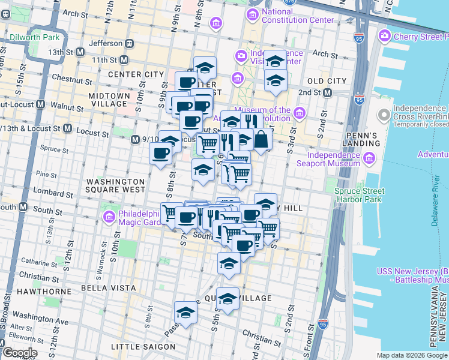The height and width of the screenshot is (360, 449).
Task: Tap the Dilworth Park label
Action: click(x=34, y=37)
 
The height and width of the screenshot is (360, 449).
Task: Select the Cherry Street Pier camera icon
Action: click(x=384, y=37)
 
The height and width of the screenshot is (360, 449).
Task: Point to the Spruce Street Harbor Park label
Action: click(x=358, y=195)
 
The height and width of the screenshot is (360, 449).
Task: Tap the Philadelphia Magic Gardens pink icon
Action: click(x=109, y=217)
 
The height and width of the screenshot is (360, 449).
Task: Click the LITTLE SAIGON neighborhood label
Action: click(x=143, y=347)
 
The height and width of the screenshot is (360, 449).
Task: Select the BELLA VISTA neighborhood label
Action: click(x=116, y=288)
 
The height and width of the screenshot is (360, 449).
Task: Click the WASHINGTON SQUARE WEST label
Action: click(x=115, y=185)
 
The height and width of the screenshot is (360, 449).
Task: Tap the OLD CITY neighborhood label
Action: click(x=327, y=81)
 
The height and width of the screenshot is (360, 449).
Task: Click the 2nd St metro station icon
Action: click(x=328, y=93)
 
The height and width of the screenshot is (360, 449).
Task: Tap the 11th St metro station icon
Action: click(x=124, y=60)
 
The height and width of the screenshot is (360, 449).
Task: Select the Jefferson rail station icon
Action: click(x=128, y=43)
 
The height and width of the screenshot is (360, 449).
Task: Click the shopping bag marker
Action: click(x=262, y=139)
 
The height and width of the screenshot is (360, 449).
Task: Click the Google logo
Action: click(x=20, y=353)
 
